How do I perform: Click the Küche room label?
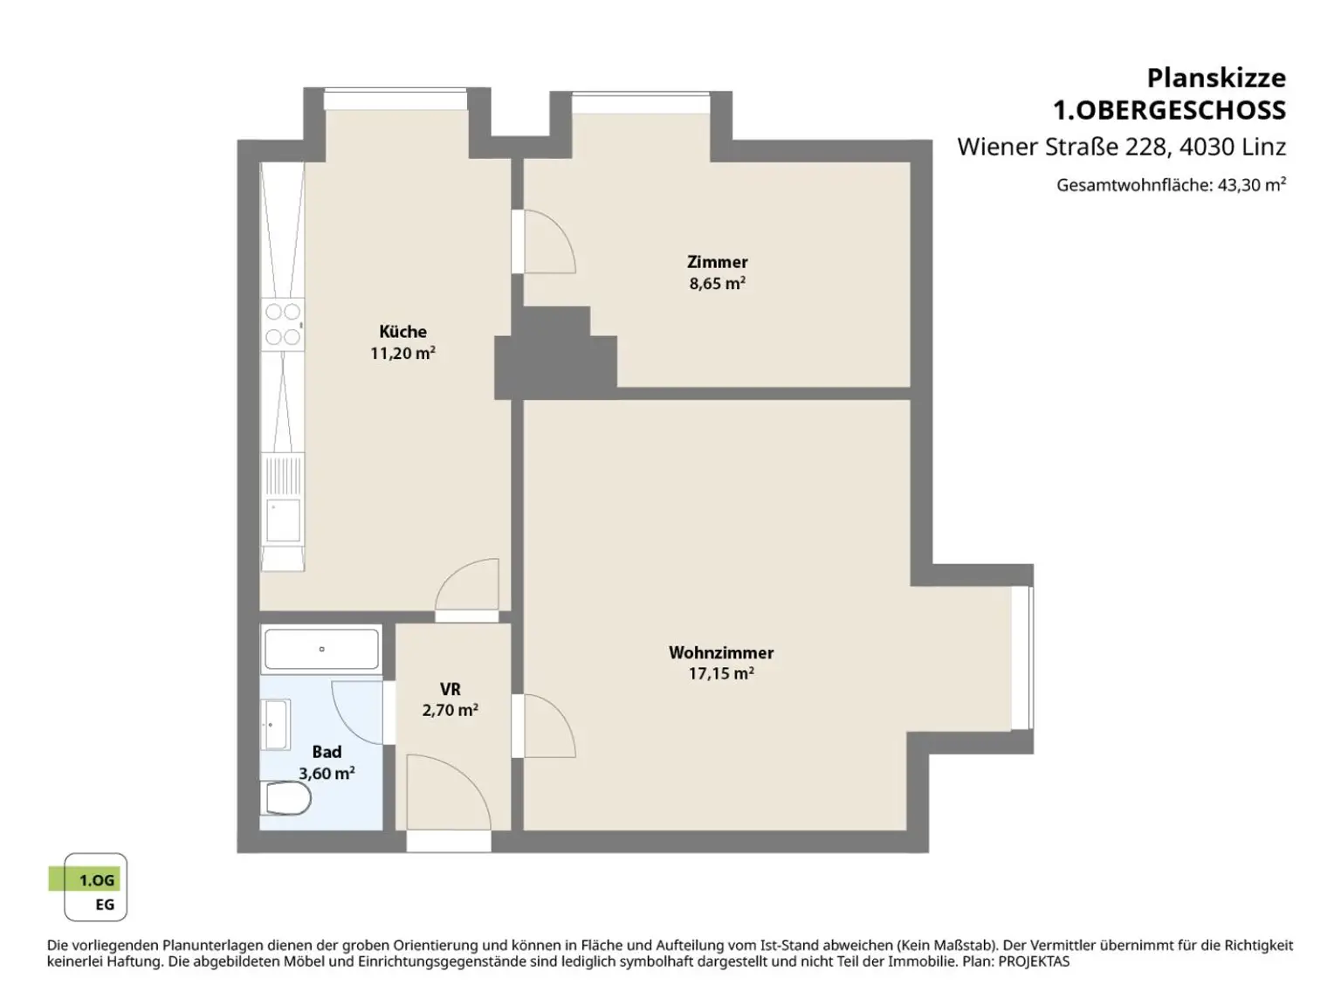tap(402, 331)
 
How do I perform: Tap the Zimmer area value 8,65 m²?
tap(718, 284)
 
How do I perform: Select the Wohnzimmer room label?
tap(721, 652)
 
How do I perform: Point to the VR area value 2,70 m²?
tap(450, 710)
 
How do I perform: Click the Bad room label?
tap(327, 751)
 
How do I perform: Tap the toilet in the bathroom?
tap(285, 798)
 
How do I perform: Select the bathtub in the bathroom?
tap(321, 649)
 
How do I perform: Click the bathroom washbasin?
tap(276, 725)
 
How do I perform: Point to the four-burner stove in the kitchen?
tap(283, 324)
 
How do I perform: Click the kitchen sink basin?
tap(284, 520)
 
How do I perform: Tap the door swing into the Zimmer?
tap(549, 241)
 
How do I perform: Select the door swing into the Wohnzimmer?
tap(549, 727)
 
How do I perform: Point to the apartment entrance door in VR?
tap(449, 792)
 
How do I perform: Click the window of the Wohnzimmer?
tap(1022, 658)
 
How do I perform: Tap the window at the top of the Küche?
tap(395, 100)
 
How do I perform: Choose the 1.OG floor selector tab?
tap(85, 880)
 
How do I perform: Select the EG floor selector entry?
tap(105, 905)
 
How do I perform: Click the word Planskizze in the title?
tap(1216, 79)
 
